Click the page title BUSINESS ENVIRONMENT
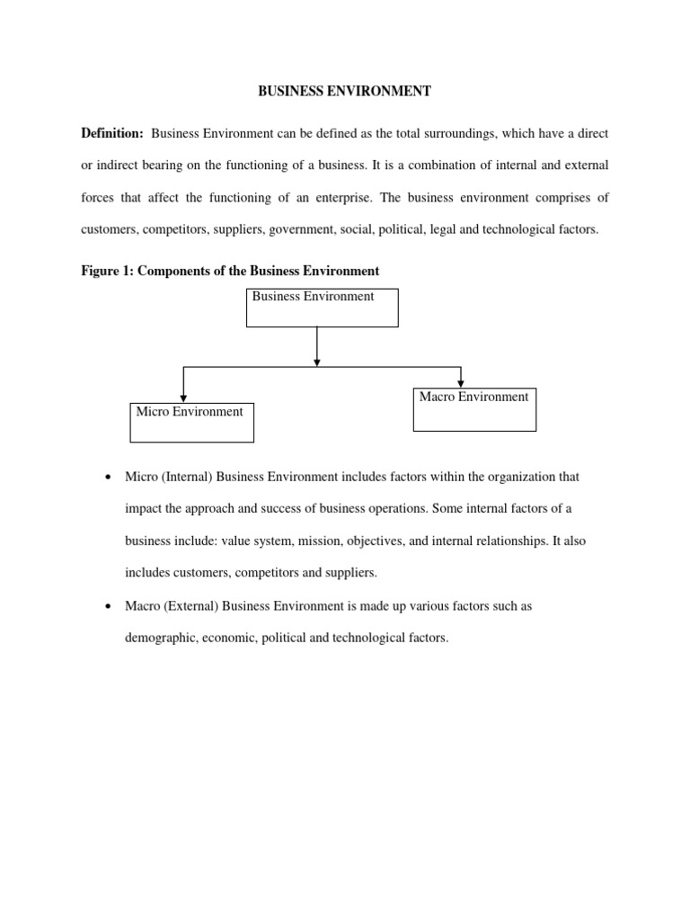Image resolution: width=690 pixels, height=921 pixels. point(345,91)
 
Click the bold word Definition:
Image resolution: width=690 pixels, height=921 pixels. point(112,133)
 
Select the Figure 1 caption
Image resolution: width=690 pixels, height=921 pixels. point(230,271)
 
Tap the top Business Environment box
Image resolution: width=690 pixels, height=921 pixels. point(322,308)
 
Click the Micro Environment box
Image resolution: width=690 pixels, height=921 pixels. point(191,422)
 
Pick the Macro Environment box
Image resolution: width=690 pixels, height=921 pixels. point(474,409)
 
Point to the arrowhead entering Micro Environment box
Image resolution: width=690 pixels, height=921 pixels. point(183,398)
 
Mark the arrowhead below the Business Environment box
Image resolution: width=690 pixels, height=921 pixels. point(316,362)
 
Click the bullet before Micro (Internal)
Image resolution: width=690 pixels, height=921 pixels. point(108,477)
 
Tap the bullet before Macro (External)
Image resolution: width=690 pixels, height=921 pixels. point(108,606)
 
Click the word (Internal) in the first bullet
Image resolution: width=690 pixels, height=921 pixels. point(187,477)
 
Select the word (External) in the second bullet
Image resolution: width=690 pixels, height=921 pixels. point(189,606)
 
